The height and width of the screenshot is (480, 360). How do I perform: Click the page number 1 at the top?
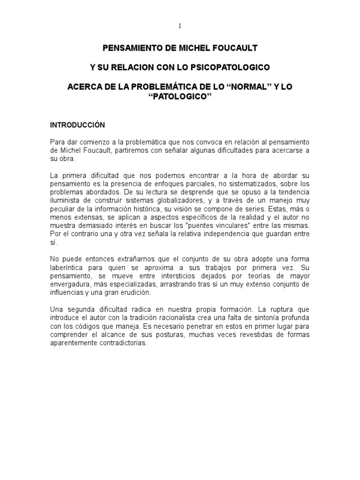click(x=180, y=26)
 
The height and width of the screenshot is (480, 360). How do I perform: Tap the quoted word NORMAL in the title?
click(x=248, y=87)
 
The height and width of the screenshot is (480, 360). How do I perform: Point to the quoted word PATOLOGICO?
click(x=180, y=97)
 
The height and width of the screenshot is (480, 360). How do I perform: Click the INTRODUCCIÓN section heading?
click(x=78, y=125)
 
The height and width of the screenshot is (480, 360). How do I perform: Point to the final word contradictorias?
click(x=120, y=343)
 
